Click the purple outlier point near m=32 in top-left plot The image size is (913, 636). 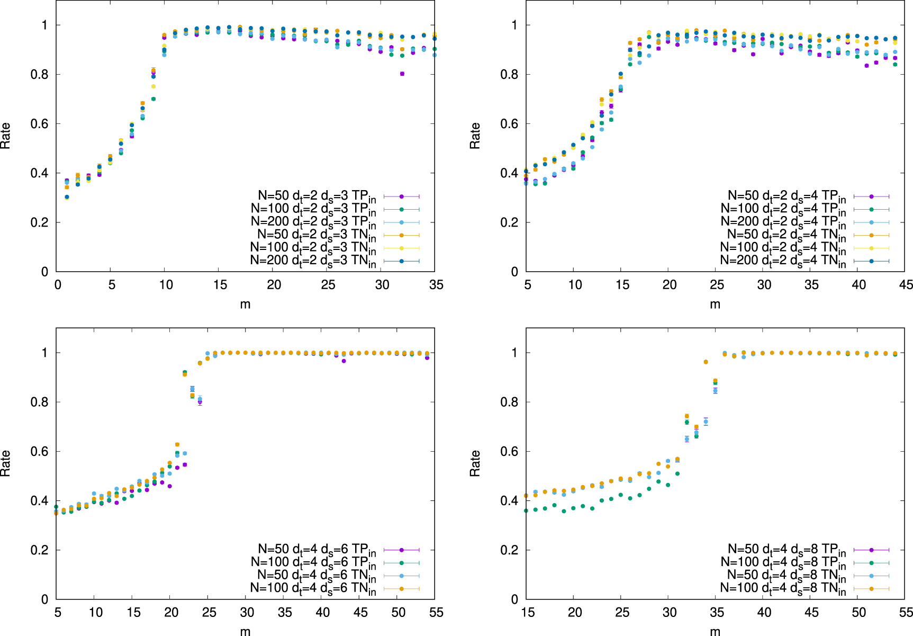click(402, 74)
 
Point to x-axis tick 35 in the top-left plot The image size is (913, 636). click(436, 285)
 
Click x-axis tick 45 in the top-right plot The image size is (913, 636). click(906, 285)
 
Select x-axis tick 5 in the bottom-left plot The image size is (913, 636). click(58, 613)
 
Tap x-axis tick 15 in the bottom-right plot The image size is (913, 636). click(528, 613)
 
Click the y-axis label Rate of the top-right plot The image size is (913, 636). click(475, 136)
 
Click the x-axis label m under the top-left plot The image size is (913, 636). click(245, 304)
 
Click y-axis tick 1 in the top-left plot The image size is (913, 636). click(45, 25)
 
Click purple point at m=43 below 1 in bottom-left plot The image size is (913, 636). click(343, 361)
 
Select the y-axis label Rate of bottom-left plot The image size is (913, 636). click(5, 463)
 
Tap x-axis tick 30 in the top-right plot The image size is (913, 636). click(764, 285)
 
